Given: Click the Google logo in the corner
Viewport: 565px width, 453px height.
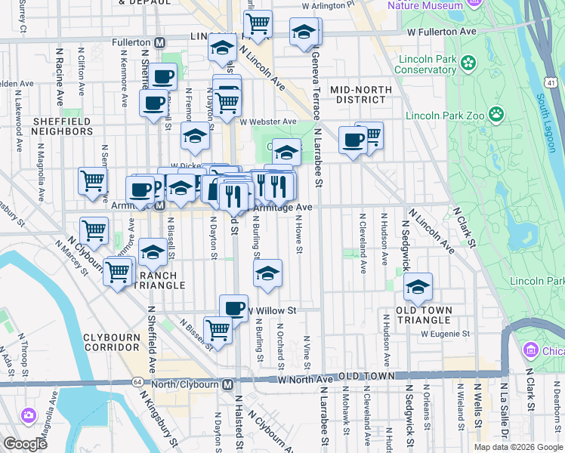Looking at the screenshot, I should coord(25,444).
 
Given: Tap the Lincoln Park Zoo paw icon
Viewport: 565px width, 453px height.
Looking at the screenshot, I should coord(496,115).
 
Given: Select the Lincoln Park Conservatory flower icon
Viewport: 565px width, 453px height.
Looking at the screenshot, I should coord(468,62).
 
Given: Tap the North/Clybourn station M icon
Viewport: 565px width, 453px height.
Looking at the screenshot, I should coord(227,384).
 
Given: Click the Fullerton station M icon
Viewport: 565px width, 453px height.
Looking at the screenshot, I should coord(159,43).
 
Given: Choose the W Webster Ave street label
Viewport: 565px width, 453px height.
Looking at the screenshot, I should coord(268,121).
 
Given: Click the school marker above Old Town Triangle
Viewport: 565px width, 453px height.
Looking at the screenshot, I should coord(418,286).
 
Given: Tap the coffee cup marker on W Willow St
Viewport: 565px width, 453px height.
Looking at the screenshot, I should coord(233,307).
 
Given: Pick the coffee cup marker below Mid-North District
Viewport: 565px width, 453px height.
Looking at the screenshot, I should coord(353,140).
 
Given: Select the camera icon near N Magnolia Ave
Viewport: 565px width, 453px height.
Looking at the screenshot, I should coord(28,415).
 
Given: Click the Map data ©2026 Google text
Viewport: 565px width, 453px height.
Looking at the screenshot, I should coord(518,447).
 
